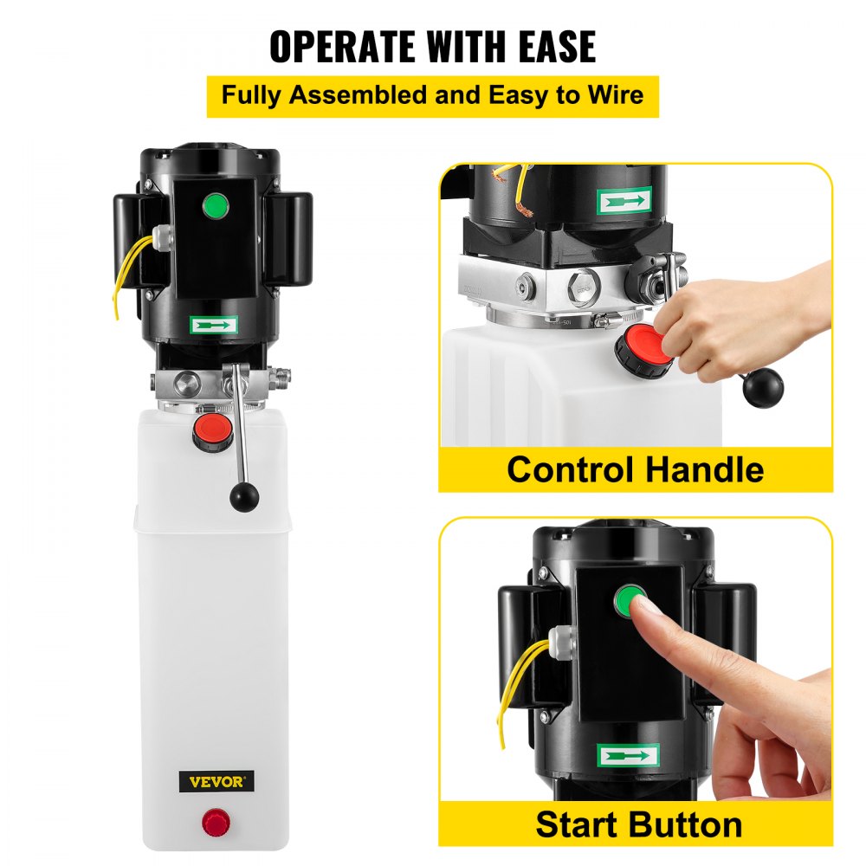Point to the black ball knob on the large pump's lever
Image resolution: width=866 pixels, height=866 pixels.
(243, 495)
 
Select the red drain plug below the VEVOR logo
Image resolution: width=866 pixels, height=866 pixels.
(213, 821)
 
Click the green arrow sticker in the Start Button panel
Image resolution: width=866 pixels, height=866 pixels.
(628, 754)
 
